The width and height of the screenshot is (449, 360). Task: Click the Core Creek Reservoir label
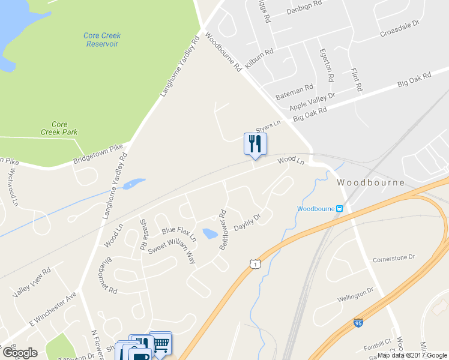pos(101,40)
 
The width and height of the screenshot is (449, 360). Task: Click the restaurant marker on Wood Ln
pos(255,145)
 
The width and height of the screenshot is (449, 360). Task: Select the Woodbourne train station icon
pos(340,209)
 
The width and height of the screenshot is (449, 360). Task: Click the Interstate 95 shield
pos(358,323)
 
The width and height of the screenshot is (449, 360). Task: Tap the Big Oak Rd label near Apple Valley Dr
pos(310,114)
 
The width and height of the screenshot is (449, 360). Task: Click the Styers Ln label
pos(268,127)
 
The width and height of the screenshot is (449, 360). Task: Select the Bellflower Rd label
pos(223,229)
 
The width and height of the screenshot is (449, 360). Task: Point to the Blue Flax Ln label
pos(179,233)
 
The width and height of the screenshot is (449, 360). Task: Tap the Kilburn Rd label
pos(259,59)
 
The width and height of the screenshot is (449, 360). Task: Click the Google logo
pos(20,353)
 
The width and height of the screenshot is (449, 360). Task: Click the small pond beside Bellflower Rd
pos(210,233)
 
